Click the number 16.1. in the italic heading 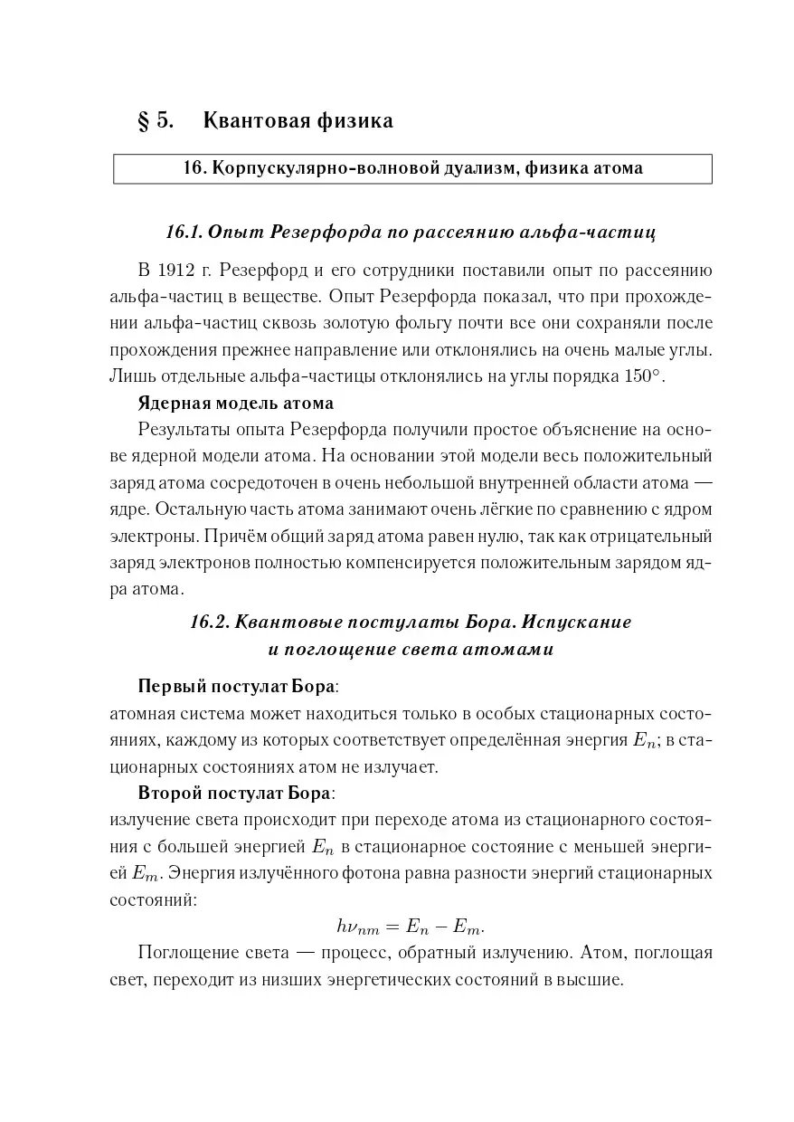point(184,233)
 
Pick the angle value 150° point(645,376)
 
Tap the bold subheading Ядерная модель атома point(235,403)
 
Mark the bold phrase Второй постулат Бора point(235,793)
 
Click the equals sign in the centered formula point(392,926)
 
